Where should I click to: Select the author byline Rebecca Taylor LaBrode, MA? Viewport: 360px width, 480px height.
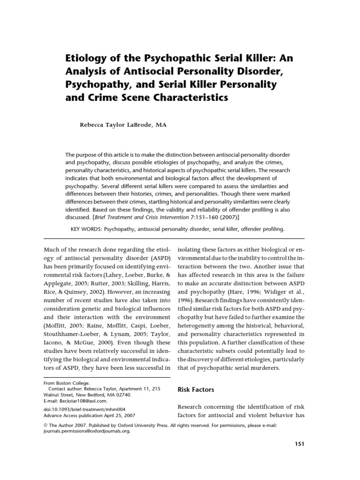pyautogui.click(x=123, y=125)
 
